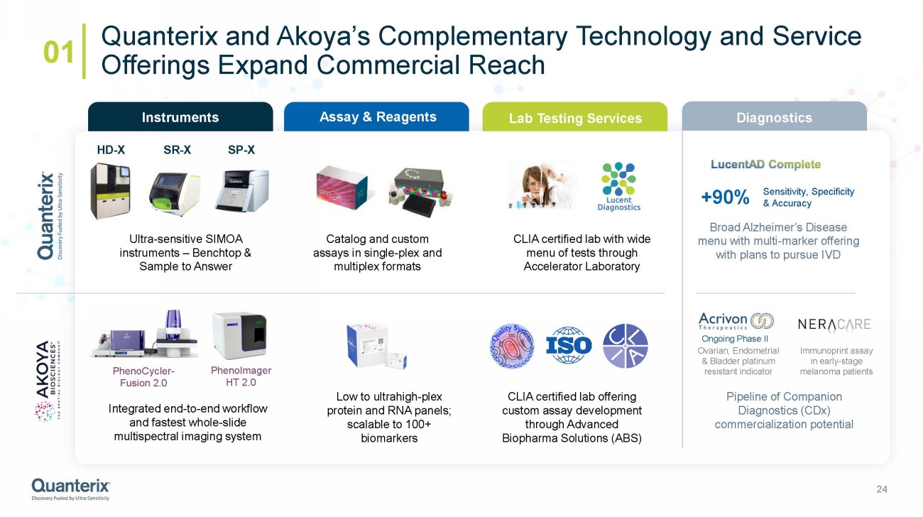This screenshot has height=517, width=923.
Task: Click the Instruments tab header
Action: [180, 117]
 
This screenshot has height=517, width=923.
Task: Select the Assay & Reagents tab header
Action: [376, 117]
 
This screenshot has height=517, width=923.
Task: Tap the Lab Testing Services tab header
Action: [575, 118]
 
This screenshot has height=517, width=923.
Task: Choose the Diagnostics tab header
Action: [774, 118]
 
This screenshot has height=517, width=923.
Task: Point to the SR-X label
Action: [177, 150]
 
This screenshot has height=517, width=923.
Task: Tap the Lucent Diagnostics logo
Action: [618, 187]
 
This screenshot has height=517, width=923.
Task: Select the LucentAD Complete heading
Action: [765, 165]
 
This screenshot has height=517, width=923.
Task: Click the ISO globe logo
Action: [568, 345]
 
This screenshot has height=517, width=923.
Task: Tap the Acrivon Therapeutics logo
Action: [736, 322]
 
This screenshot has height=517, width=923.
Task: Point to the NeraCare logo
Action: [834, 325]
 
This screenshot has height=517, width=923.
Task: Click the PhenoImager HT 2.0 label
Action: [241, 376]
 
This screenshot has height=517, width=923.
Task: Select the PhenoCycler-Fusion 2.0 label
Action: [143, 377]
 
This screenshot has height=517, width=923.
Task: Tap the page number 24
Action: [883, 489]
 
